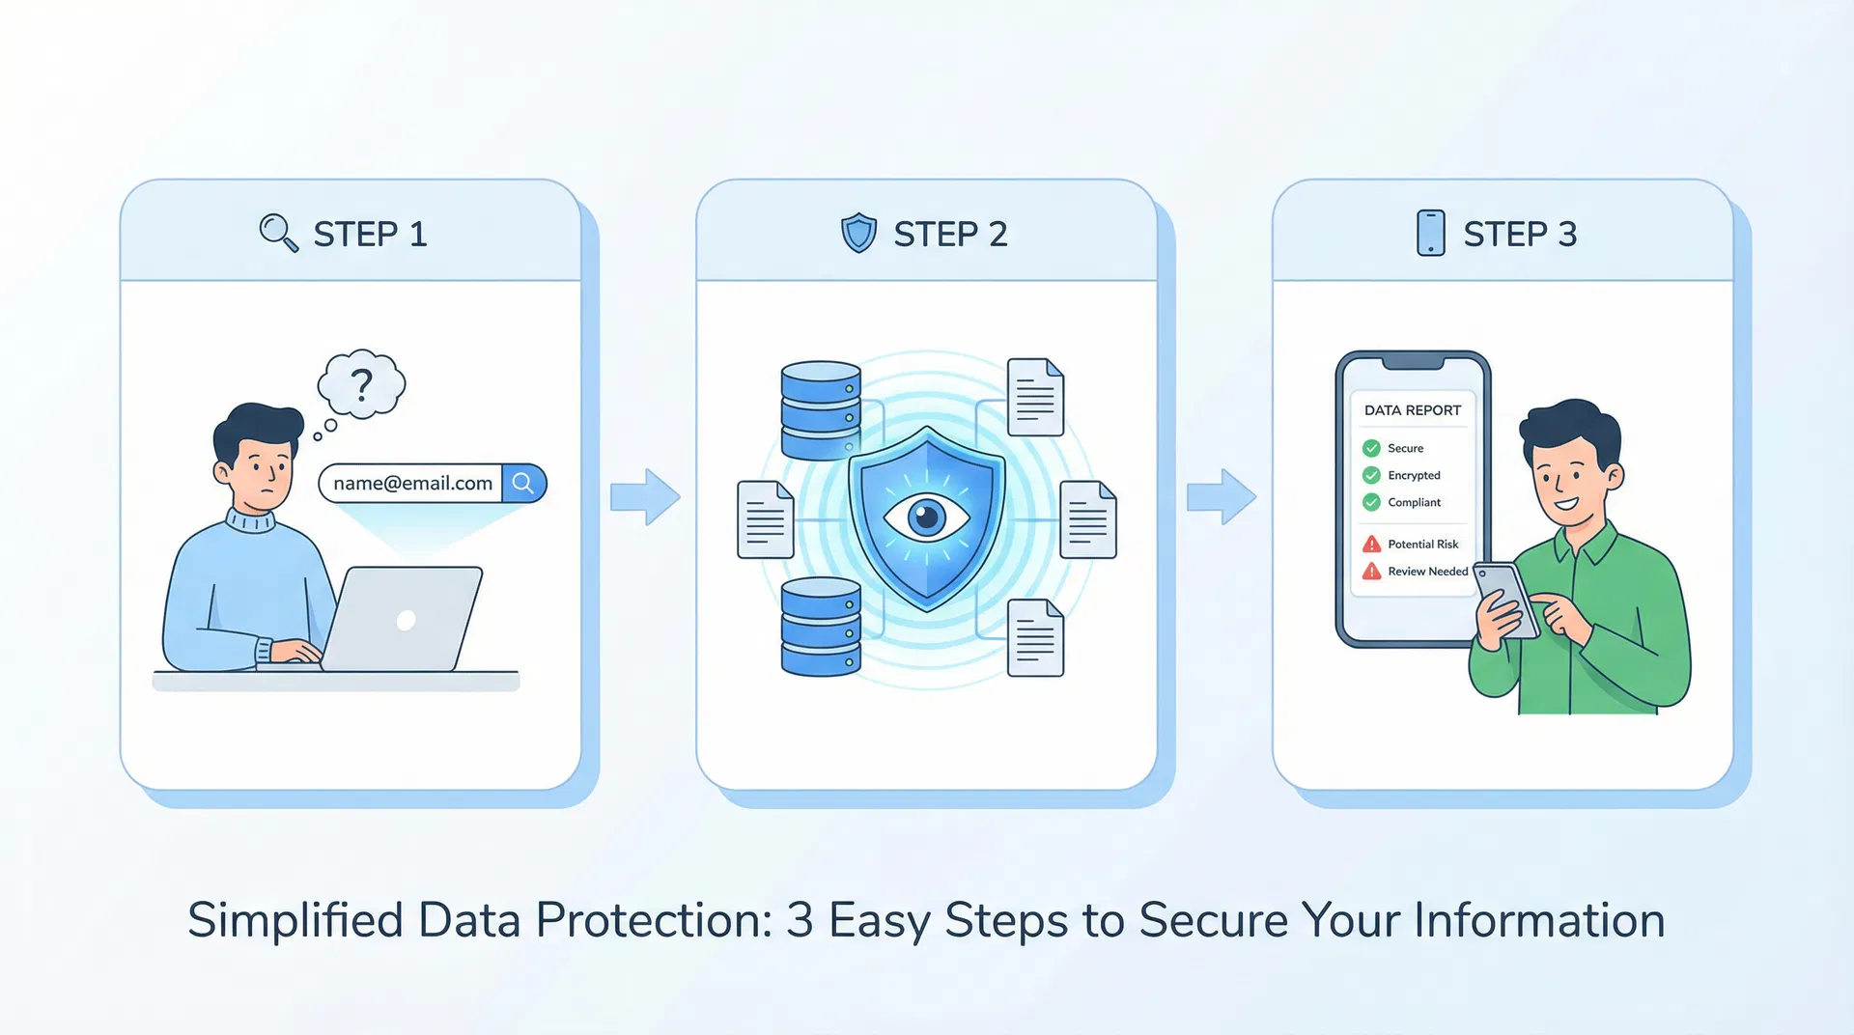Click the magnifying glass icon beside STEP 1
point(278,233)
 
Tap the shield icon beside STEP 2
point(858,234)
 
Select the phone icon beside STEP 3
point(1430,234)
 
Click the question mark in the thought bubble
point(362,385)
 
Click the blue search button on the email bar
point(523,483)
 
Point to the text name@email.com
point(412,483)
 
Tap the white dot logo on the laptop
point(407,620)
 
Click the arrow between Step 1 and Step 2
point(645,497)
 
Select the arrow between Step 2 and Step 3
point(1222,497)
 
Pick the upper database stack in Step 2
point(821,410)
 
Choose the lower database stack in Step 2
point(821,627)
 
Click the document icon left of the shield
point(765,519)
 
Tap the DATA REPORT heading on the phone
point(1412,410)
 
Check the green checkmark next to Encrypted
point(1371,475)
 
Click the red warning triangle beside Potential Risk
point(1371,545)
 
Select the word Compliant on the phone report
point(1414,502)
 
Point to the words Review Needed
point(1427,572)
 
